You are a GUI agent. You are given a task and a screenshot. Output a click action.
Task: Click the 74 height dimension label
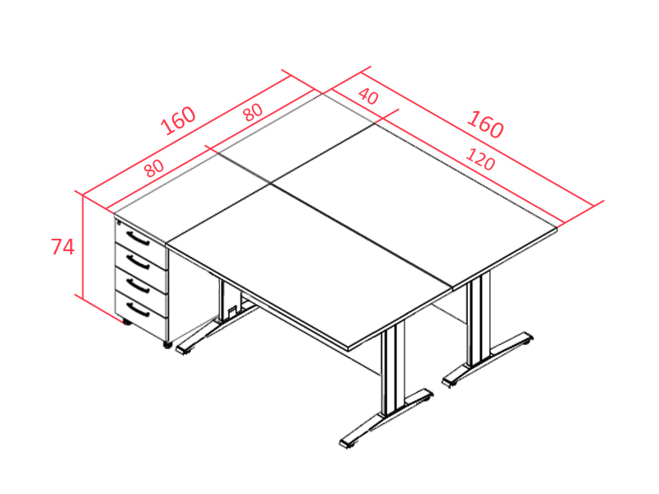[x=63, y=246]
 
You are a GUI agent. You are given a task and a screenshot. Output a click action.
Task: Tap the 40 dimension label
[x=368, y=96]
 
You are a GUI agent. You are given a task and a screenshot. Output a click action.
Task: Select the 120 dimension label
[x=480, y=159]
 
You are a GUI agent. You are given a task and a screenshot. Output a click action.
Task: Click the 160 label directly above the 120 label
[x=485, y=124]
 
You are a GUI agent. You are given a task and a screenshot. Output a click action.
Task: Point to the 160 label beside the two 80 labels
[x=178, y=120]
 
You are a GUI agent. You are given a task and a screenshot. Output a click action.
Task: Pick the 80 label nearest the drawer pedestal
[x=154, y=168]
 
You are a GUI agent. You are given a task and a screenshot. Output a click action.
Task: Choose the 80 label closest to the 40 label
[x=254, y=112]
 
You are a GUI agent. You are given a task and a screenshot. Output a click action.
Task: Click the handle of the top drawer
[x=138, y=238]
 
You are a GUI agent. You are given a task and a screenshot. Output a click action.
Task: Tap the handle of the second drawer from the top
[x=138, y=262]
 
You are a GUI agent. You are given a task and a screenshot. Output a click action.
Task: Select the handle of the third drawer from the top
[x=138, y=286]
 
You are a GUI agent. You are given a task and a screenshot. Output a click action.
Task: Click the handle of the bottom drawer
[x=138, y=310]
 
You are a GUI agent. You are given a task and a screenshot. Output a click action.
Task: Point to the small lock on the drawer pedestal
[x=119, y=222]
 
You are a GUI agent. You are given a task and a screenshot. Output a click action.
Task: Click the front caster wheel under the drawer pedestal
[x=167, y=345]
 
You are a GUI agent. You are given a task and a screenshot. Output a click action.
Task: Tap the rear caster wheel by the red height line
[x=126, y=322]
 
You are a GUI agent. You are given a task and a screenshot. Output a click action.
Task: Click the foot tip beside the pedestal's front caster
[x=183, y=349]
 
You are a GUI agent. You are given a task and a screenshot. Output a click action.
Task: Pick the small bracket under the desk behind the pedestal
[x=231, y=313]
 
